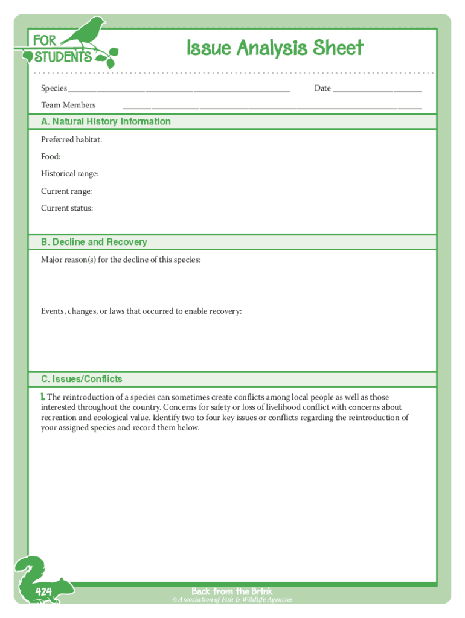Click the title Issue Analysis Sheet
point(275,48)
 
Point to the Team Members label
point(68,105)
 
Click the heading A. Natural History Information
point(106,121)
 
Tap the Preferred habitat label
point(71,139)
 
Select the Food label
point(51,156)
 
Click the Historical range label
point(69,174)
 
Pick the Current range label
point(66,191)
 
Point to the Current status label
point(67,208)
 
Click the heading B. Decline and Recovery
point(94,242)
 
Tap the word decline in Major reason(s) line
point(144,260)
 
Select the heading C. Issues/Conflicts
point(82,379)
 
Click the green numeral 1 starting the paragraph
point(43,397)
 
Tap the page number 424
point(43,591)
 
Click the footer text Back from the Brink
point(232,591)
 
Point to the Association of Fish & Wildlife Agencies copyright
point(232,600)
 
